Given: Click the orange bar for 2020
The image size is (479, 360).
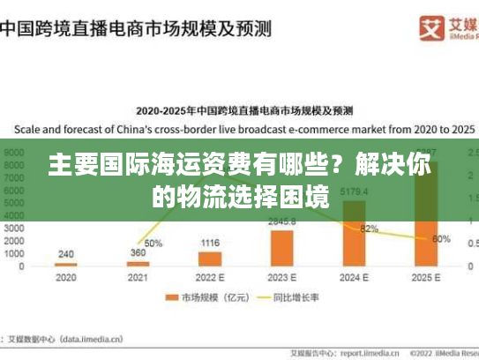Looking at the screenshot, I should point(66,265).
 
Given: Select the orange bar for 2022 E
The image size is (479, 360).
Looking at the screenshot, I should point(210,259).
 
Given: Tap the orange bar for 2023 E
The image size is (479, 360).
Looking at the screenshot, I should point(282,248).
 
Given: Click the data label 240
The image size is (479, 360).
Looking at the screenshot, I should point(66,254).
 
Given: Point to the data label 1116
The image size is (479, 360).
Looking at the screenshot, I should point(210,243).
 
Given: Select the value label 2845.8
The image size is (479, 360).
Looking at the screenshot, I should point(282,221).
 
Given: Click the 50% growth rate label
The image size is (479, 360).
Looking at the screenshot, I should point(153,243).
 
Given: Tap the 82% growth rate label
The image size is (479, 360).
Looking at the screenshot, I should point(370,229).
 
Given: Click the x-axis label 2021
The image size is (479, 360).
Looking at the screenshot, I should point(138,278).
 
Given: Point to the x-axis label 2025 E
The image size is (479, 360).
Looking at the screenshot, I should point(426,278).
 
